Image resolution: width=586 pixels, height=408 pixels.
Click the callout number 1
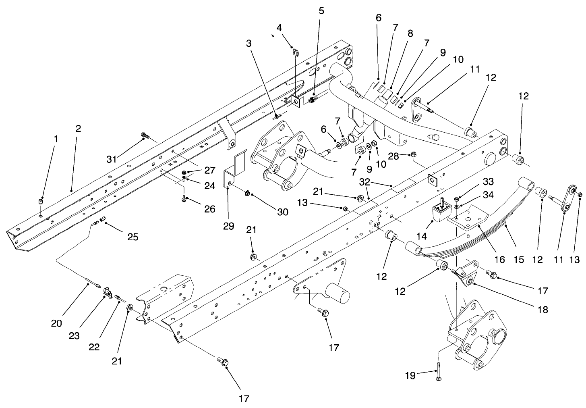tap(56, 139)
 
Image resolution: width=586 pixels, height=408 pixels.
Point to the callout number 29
tap(229, 226)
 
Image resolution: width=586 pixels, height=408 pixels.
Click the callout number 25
tap(133, 237)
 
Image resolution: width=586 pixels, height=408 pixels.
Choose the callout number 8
tap(410, 34)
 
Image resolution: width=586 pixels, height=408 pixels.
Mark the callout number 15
tap(519, 260)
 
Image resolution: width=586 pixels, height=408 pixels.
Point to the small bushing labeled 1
tap(41, 201)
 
